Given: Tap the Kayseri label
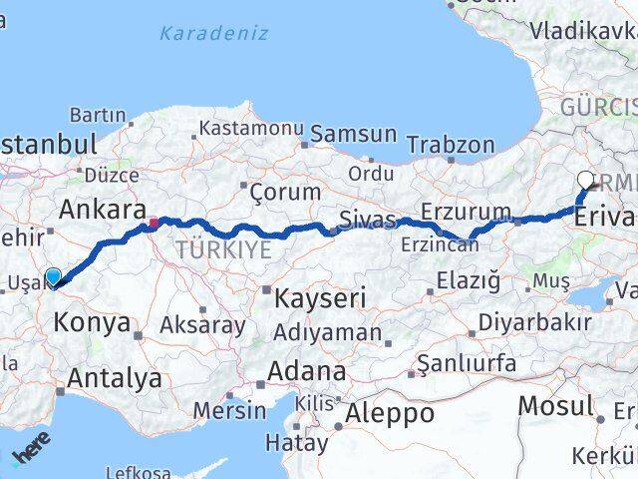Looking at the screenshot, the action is (313, 297).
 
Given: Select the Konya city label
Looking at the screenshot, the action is (93, 322).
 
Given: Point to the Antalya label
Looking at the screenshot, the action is (115, 378).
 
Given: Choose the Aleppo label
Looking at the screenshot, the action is (388, 412).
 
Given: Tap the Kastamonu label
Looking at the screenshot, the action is (250, 129).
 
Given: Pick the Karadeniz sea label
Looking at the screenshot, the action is (214, 34).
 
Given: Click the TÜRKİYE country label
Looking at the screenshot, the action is (224, 249).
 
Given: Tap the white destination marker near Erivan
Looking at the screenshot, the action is (585, 181).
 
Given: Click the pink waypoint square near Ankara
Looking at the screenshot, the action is (154, 224).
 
